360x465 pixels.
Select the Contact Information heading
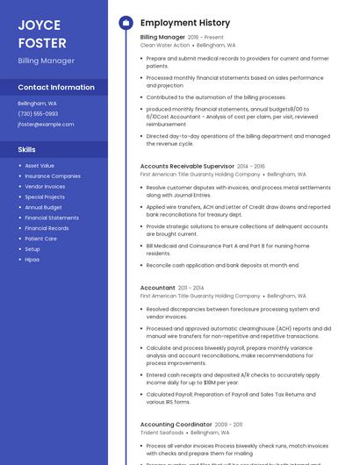pyautogui.click(x=56, y=88)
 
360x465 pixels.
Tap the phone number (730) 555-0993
pyautogui.click(x=38, y=113)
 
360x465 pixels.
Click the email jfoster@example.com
pyautogui.click(x=46, y=125)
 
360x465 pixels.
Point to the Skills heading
pyautogui.click(x=26, y=149)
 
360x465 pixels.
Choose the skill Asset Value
pyautogui.click(x=40, y=165)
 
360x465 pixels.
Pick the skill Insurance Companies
pyautogui.click(x=53, y=175)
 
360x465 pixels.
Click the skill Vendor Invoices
pyautogui.click(x=45, y=186)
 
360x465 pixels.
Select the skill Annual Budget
pyautogui.click(x=44, y=207)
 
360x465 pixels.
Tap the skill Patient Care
pyautogui.click(x=41, y=239)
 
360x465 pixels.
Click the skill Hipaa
pyautogui.click(x=32, y=260)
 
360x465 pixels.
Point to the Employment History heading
pyautogui.click(x=185, y=23)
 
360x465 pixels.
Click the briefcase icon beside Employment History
pyautogui.click(x=126, y=23)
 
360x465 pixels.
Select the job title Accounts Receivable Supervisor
pyautogui.click(x=187, y=166)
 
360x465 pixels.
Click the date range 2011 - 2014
pyautogui.click(x=191, y=288)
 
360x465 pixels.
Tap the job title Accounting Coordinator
pyautogui.click(x=176, y=424)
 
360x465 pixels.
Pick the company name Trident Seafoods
pyautogui.click(x=162, y=433)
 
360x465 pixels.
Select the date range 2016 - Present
pyautogui.click(x=205, y=37)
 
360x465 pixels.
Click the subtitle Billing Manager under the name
pyautogui.click(x=46, y=61)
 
